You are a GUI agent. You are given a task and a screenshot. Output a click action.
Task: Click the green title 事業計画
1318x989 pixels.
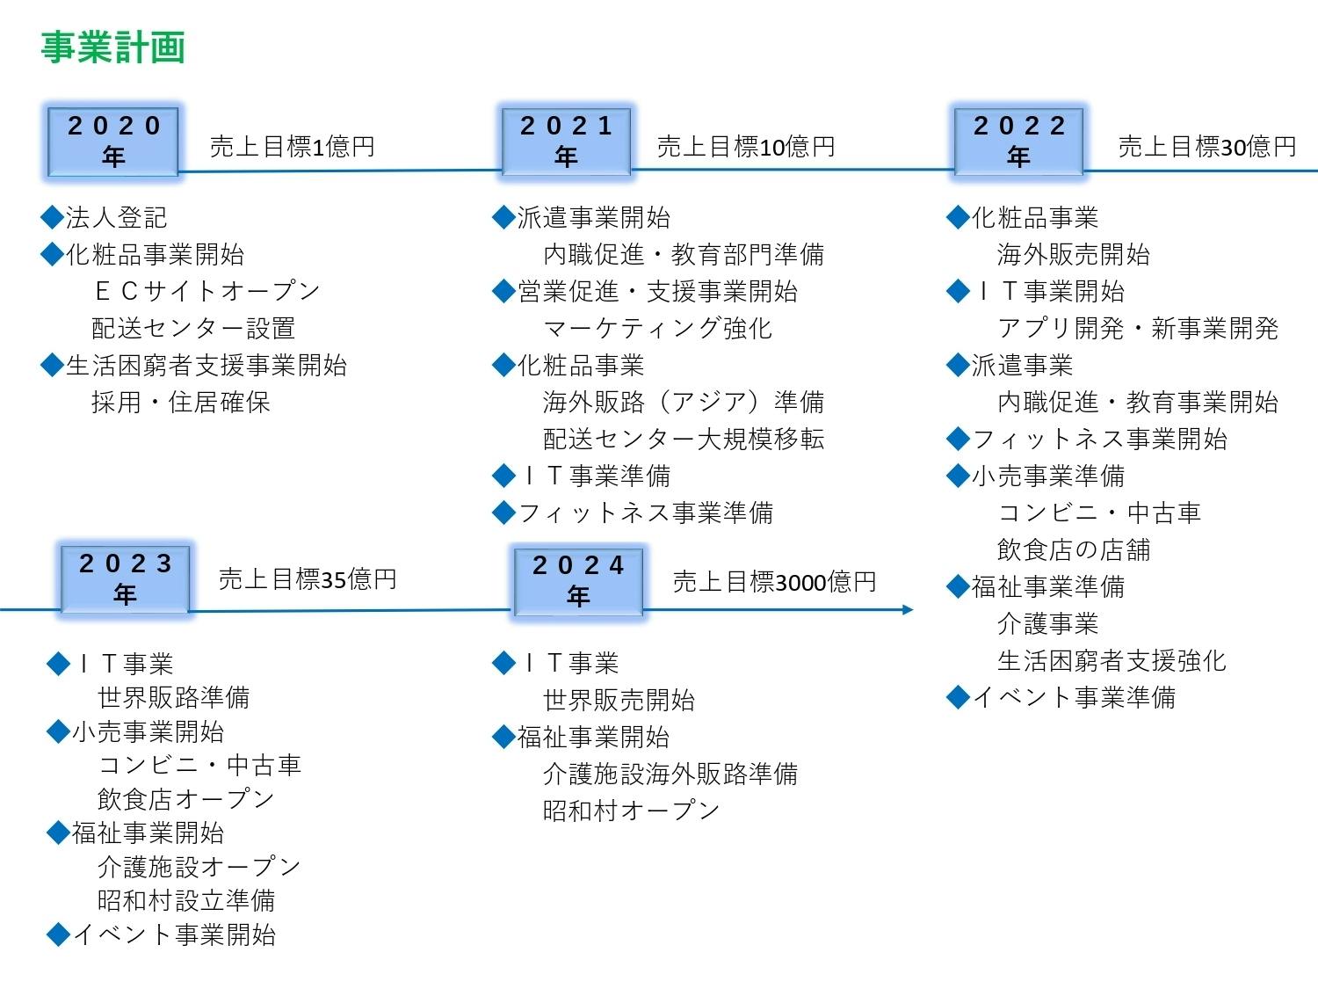(113, 47)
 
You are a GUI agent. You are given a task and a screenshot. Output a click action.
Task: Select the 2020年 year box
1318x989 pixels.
(113, 142)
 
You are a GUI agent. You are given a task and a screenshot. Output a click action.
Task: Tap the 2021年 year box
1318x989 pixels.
(567, 142)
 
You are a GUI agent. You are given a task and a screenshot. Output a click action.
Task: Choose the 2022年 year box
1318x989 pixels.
(1019, 142)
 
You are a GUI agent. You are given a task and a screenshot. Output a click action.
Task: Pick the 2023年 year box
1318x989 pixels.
(125, 579)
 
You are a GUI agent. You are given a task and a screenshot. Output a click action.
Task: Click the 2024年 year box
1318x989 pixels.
(578, 580)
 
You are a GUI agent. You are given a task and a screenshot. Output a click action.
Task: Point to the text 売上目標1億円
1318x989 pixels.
(292, 147)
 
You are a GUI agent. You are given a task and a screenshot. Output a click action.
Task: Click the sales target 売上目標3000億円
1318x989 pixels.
(774, 581)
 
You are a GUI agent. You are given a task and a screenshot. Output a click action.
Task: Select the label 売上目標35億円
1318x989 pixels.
(308, 579)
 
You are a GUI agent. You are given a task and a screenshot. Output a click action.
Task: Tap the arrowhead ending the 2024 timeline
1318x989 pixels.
(908, 609)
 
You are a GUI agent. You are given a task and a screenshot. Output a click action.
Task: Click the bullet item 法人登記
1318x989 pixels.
(116, 217)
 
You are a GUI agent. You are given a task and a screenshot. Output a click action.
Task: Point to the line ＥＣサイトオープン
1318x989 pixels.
(206, 291)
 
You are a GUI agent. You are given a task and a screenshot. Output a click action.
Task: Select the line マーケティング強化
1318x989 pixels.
(657, 328)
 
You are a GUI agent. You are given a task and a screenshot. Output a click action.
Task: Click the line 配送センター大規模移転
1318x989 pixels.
(684, 439)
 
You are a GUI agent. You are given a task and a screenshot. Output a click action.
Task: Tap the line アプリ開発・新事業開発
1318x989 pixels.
(1137, 328)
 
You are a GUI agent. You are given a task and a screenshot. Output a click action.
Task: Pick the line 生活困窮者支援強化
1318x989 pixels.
(1111, 660)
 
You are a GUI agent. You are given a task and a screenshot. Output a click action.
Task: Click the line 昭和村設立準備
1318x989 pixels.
(186, 900)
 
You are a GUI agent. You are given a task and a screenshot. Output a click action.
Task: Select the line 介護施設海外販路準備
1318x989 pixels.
(670, 774)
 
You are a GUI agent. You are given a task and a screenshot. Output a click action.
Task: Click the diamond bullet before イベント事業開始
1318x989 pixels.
(58, 934)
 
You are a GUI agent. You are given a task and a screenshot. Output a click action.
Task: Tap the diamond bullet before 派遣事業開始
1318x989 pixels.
(503, 217)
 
